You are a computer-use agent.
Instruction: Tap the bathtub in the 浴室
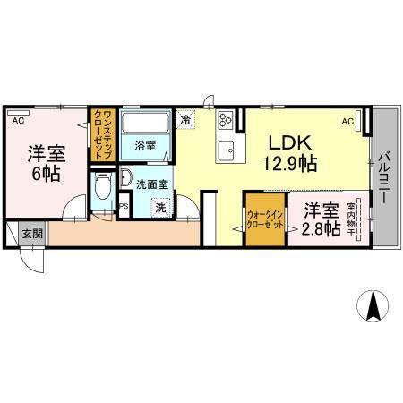(x=145, y=124)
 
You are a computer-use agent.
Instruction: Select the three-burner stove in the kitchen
(x=225, y=117)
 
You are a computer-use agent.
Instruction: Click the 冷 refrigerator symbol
(x=185, y=117)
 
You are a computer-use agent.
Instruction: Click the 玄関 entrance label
(x=32, y=233)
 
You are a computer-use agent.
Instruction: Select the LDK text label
(x=290, y=141)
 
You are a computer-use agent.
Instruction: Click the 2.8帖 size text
(x=321, y=230)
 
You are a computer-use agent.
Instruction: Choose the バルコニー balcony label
(x=382, y=176)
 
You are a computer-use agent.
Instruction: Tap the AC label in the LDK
(x=347, y=120)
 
